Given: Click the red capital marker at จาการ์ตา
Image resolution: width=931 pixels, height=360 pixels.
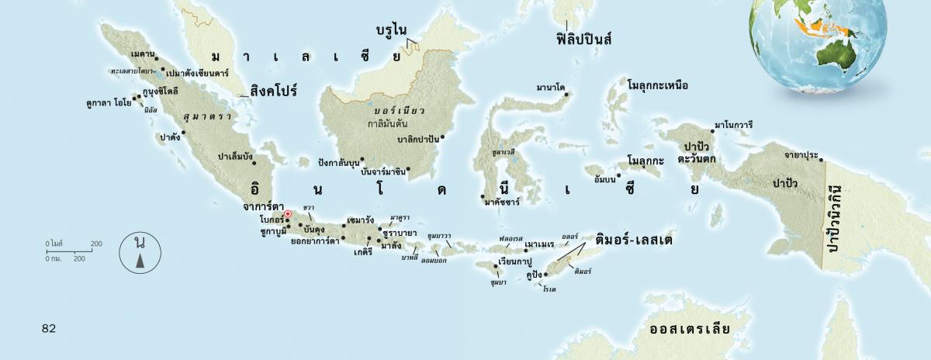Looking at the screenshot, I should [287, 214].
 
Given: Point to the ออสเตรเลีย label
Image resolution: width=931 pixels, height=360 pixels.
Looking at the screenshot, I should [690, 328].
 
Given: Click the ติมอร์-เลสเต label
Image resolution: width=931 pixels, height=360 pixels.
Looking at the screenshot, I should [633, 241].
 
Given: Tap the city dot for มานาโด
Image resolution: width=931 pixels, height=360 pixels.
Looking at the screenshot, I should [566, 95].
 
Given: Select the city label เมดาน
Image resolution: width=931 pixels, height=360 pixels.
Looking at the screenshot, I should [141, 54].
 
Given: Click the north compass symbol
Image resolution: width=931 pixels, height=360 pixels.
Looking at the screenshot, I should [140, 254].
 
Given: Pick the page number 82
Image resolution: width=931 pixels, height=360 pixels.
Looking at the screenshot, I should [49, 328].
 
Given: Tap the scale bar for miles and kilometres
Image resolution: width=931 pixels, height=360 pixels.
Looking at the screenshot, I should [74, 251].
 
